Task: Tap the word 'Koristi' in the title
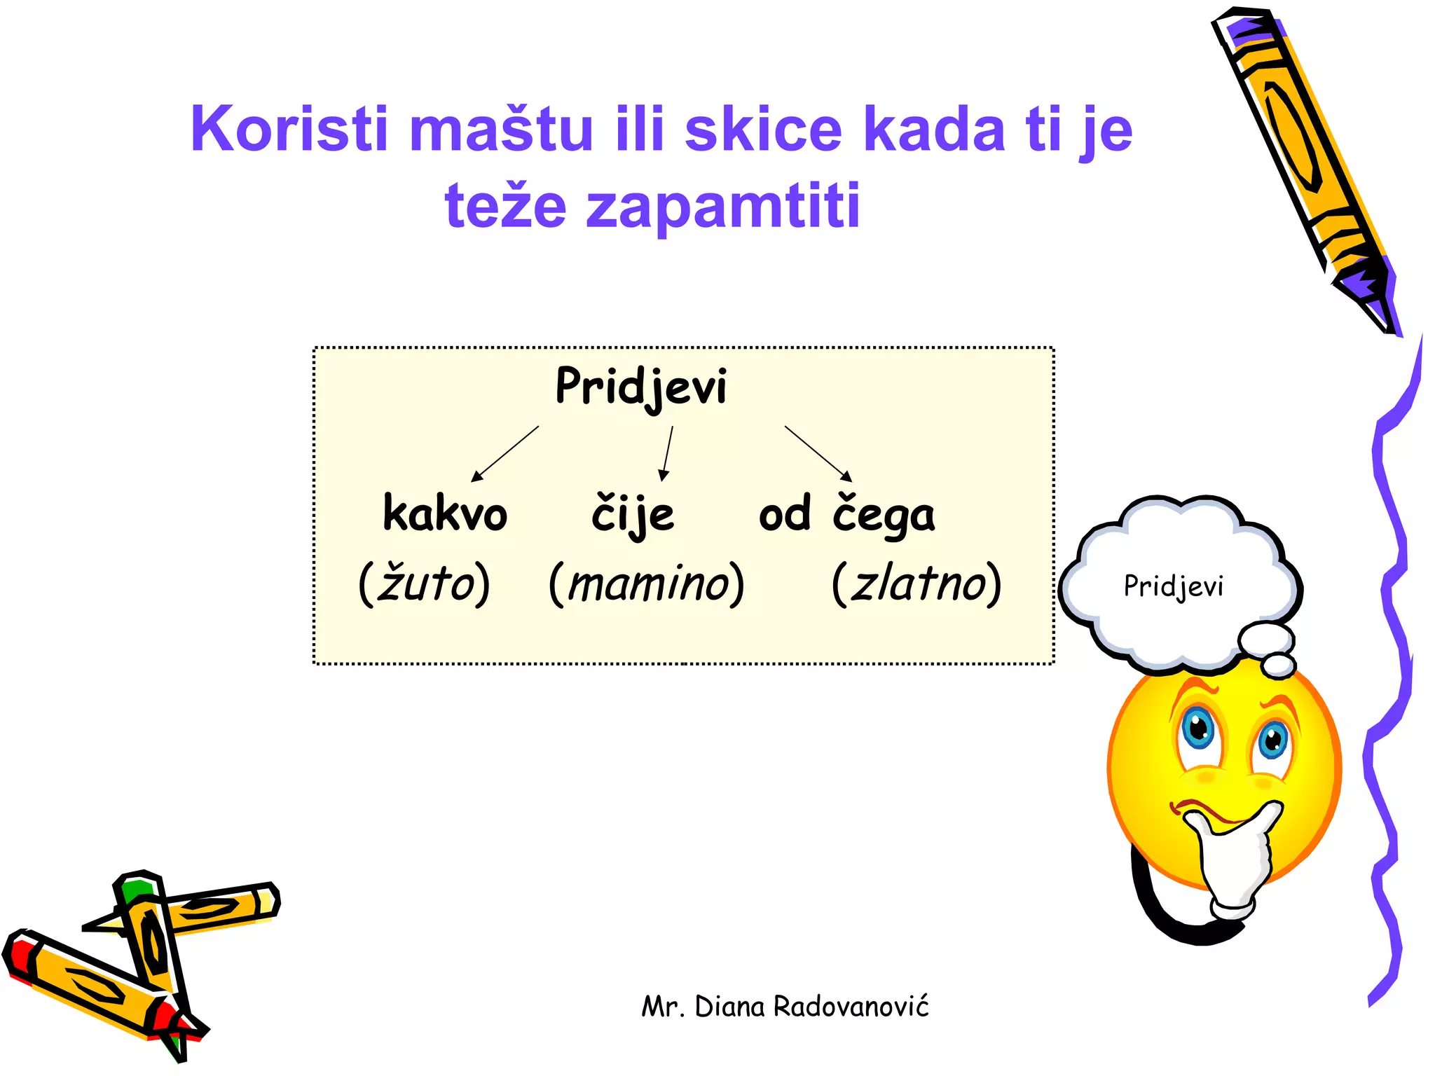[289, 129]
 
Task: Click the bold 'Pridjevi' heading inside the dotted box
[641, 386]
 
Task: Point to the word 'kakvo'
[445, 513]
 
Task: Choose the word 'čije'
[633, 515]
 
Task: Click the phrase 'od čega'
[846, 515]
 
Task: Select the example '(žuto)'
[424, 583]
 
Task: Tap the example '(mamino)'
[646, 583]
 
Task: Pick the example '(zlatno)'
[916, 583]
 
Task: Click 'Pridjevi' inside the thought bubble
[1174, 586]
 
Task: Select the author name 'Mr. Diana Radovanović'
[785, 1007]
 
